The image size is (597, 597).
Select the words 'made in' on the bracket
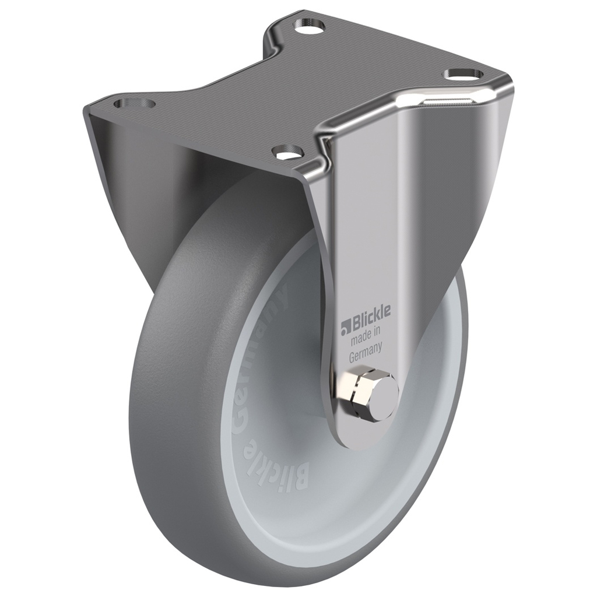(x=365, y=333)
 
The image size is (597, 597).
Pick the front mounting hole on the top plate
(x=290, y=152)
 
